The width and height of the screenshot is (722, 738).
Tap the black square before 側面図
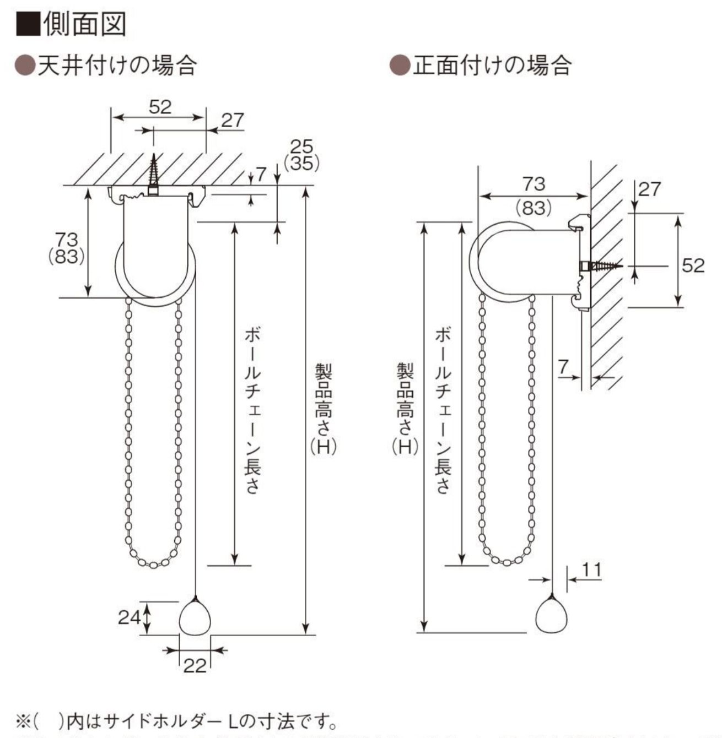click(x=28, y=24)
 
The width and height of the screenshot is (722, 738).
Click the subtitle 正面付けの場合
click(x=492, y=66)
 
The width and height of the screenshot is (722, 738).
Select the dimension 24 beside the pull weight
click(x=130, y=617)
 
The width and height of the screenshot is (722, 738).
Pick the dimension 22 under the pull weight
click(x=195, y=665)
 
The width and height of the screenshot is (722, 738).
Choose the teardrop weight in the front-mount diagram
click(x=552, y=616)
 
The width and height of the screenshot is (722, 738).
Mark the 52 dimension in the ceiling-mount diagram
click(x=160, y=107)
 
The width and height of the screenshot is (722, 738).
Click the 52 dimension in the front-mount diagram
click(x=693, y=265)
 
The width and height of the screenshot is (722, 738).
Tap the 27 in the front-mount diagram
click(x=649, y=189)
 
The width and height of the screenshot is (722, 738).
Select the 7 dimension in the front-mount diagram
click(x=562, y=367)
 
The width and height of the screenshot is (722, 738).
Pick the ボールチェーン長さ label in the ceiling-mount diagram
click(x=252, y=410)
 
